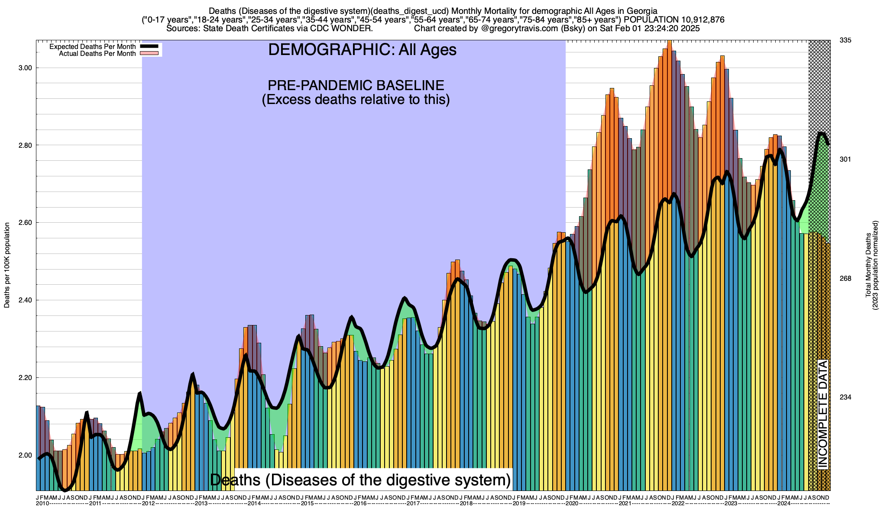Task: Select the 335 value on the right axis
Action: [845, 40]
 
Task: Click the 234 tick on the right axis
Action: [845, 397]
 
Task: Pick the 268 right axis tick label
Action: [845, 279]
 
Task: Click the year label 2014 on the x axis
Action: [254, 504]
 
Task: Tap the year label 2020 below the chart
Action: [572, 504]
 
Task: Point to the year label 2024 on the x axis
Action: [783, 504]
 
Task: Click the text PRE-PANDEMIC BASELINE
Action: [356, 85]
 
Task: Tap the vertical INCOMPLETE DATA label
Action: [822, 414]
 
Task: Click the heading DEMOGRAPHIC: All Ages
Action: [362, 50]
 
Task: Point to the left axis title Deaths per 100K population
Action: [7, 265]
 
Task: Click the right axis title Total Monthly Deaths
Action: [868, 265]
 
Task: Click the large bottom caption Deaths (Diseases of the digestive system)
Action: [360, 480]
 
